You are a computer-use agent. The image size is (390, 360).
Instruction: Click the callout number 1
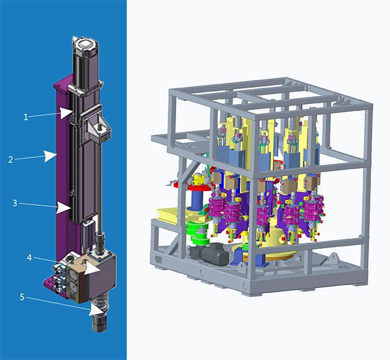pyautogui.click(x=26, y=117)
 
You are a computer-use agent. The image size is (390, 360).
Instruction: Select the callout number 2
pyautogui.click(x=10, y=160)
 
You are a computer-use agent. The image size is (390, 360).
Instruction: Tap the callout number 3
pyautogui.click(x=15, y=203)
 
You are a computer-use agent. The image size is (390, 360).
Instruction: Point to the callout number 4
pyautogui.click(x=29, y=258)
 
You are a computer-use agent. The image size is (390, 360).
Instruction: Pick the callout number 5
pyautogui.click(x=22, y=297)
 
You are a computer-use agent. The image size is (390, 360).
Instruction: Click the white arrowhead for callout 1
pyautogui.click(x=66, y=113)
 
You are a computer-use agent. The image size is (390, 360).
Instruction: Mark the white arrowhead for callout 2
pyautogui.click(x=50, y=156)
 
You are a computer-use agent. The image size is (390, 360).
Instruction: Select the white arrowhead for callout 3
pyautogui.click(x=64, y=208)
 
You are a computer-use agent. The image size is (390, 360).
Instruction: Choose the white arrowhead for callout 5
pyautogui.click(x=96, y=310)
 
